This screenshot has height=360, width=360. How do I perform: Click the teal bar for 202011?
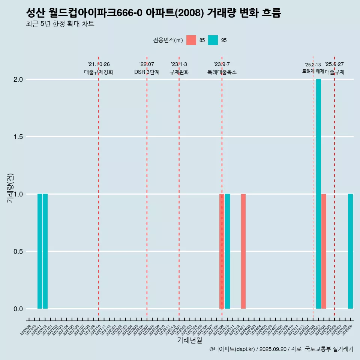click(x=40, y=251)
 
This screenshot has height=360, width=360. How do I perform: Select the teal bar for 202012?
click(x=45, y=251)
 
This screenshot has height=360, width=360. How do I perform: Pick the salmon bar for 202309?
click(x=222, y=251)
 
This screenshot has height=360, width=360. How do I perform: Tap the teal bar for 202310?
click(x=227, y=251)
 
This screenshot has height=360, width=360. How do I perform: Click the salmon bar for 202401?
click(x=243, y=251)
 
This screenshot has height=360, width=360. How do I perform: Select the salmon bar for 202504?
click(x=324, y=251)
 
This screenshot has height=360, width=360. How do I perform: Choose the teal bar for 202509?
click(x=350, y=251)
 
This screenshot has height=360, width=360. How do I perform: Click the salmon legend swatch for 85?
click(x=191, y=40)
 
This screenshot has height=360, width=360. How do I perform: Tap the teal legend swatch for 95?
click(x=213, y=40)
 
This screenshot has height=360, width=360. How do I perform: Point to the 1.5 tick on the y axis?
click(x=18, y=137)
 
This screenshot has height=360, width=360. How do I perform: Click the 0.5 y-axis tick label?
click(x=18, y=252)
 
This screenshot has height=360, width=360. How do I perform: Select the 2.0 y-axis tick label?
click(x=18, y=79)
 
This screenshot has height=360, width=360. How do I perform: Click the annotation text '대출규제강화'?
click(x=99, y=72)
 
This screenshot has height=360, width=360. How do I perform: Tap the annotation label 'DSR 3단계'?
click(x=147, y=72)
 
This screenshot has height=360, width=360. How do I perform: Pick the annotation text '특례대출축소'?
click(x=222, y=72)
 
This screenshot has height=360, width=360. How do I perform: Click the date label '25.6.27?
click(x=334, y=64)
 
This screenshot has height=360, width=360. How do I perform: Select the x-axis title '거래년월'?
click(x=189, y=340)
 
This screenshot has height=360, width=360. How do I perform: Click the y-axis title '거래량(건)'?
click(x=10, y=188)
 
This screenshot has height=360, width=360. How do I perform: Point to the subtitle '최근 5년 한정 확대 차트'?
click(x=60, y=24)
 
